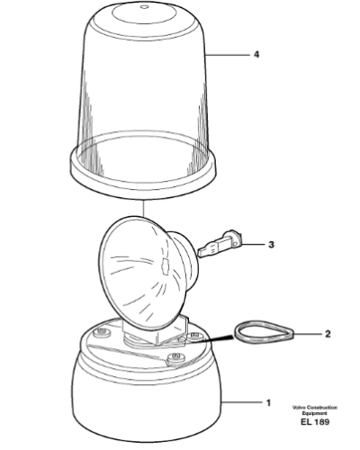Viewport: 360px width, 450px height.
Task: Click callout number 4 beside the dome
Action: pos(256,55)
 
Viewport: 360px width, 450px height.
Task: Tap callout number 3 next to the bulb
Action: pos(271,245)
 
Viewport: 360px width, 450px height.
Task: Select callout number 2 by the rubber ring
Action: pos(328,334)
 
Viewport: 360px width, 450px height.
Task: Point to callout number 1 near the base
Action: pos(268,402)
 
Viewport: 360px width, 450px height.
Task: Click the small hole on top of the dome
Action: pos(144,7)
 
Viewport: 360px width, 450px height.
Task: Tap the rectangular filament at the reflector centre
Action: pos(165,265)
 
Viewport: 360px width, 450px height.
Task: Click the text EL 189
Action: pos(315,422)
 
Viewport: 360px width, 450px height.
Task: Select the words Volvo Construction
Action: pos(315,408)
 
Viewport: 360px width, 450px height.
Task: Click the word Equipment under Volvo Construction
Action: pos(315,413)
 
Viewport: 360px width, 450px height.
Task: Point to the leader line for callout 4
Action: pos(228,55)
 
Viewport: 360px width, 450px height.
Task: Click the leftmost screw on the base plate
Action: pos(102,332)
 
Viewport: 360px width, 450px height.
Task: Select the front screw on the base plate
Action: pos(175,357)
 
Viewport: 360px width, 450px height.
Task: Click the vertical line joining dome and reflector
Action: pos(144,209)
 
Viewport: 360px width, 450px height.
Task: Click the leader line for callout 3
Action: pos(254,245)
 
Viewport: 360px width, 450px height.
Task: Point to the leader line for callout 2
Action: pos(308,334)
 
